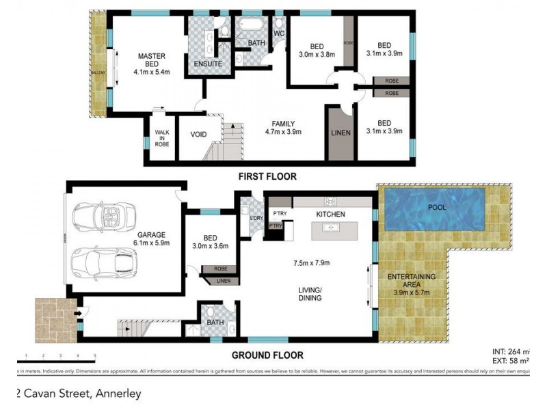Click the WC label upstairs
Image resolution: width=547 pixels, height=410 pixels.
tap(279, 33)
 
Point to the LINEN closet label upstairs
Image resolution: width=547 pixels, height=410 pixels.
tap(340, 133)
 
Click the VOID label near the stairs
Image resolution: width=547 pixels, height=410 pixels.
tap(199, 135)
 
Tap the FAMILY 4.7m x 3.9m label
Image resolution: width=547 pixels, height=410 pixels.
tap(283, 128)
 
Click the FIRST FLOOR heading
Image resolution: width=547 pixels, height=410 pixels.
tap(267, 176)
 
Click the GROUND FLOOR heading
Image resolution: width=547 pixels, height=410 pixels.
tap(268, 355)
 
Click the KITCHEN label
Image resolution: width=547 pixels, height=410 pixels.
tap(330, 215)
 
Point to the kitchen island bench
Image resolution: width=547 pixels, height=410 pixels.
tap(338, 232)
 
